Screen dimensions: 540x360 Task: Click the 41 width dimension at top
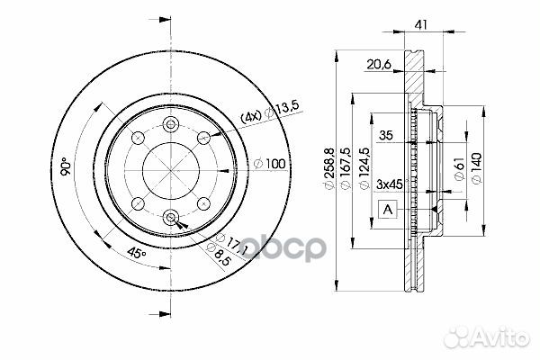(420, 25)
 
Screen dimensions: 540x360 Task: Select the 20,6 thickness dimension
(379, 65)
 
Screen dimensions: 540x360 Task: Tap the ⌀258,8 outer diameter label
(329, 168)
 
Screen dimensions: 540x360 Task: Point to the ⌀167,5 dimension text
(346, 168)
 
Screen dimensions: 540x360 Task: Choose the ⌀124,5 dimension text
(364, 168)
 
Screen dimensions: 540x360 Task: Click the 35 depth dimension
(386, 135)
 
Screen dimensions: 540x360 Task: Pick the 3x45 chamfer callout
(390, 184)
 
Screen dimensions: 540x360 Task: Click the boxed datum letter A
(388, 209)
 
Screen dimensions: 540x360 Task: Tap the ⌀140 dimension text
(477, 168)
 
